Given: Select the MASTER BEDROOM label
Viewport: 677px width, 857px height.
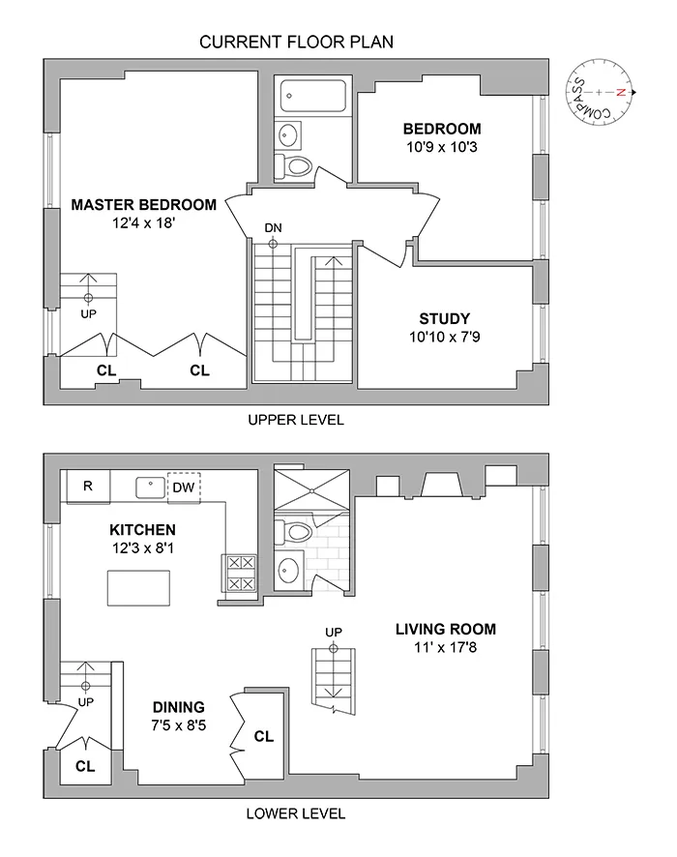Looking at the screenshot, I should [x=143, y=205].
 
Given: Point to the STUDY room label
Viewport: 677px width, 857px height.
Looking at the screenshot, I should [x=444, y=318].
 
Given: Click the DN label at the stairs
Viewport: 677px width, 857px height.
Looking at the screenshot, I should [x=274, y=227].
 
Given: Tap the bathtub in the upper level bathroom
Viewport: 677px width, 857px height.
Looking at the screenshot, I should [x=312, y=96].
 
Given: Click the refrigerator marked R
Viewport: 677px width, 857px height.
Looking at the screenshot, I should [x=87, y=487].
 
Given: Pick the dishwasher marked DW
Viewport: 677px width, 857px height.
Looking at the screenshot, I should [x=184, y=487].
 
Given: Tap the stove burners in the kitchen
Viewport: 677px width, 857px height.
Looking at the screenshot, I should [x=240, y=573].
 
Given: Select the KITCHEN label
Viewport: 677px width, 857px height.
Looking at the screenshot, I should [x=142, y=529].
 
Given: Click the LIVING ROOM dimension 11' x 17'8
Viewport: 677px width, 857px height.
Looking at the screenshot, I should [x=446, y=647].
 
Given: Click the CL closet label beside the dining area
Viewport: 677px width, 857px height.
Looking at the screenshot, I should [x=263, y=736].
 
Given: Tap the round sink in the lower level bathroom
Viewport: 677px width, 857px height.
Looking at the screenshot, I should [x=289, y=570].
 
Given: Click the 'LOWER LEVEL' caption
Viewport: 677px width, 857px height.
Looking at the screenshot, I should [x=295, y=813].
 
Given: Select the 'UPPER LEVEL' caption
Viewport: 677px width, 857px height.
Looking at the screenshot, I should [x=295, y=420].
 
